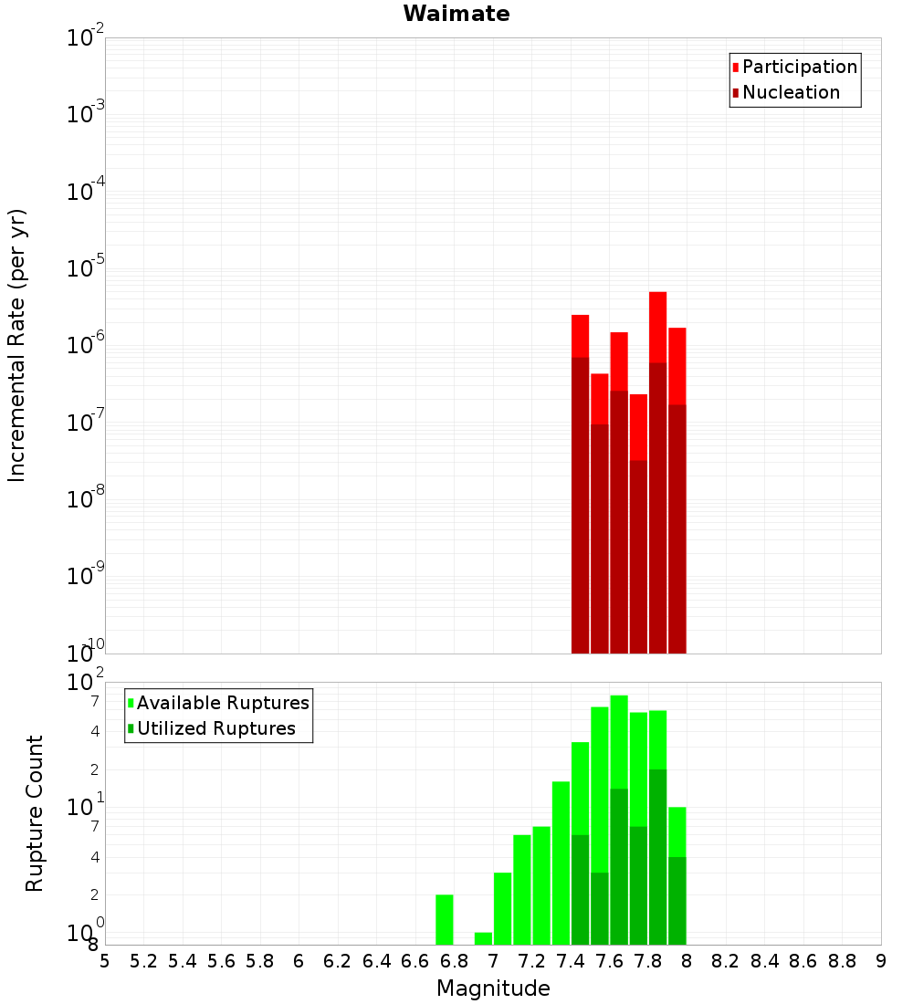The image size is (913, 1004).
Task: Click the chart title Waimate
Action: [456, 14]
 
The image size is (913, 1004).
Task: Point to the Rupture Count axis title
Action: [35, 813]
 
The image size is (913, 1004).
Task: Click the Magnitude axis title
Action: [493, 988]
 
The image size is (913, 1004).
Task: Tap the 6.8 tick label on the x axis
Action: [454, 961]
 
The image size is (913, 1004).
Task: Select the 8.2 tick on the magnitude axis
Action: [726, 961]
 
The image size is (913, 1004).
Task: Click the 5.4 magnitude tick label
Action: [183, 961]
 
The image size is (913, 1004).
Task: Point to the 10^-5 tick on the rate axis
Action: [86, 268]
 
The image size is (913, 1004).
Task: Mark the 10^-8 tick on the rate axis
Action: [86, 499]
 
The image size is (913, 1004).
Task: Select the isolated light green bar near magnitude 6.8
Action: [445, 919]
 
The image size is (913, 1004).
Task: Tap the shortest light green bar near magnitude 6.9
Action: [483, 938]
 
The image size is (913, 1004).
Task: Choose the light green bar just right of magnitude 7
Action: [502, 908]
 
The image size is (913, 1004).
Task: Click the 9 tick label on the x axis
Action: [881, 961]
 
